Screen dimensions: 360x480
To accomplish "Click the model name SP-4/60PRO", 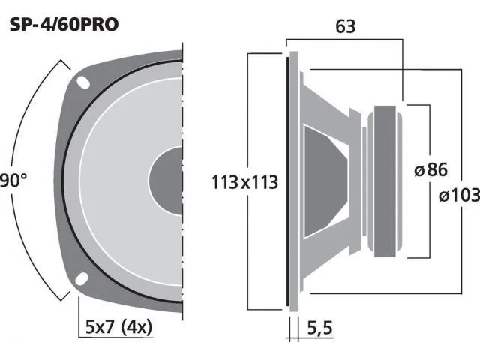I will point(64,24).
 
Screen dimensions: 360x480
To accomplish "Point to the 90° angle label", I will point(13,181).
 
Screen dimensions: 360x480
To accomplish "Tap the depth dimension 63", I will point(346,27).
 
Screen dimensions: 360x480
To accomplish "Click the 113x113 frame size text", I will point(244,181).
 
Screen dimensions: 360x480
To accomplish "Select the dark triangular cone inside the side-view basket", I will point(322,180).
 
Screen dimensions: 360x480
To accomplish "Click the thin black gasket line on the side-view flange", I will point(286,180).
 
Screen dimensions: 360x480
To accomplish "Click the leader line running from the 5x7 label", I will point(79,315).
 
